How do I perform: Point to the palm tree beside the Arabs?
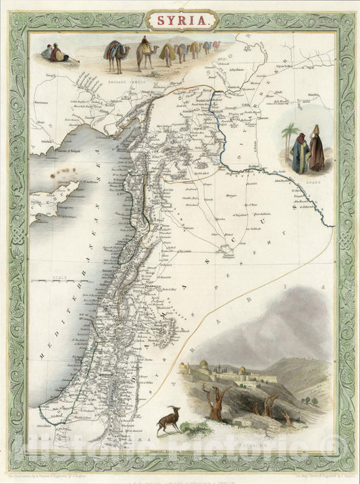pos(290,139)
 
